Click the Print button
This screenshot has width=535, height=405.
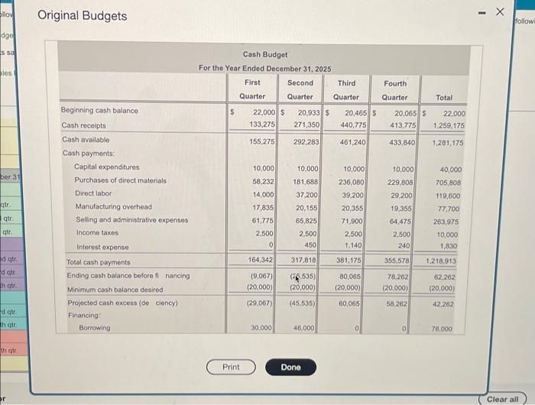(x=231, y=367)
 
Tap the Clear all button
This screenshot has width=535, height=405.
(x=503, y=399)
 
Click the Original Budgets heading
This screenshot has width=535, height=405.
(x=82, y=15)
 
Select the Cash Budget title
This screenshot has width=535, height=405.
(x=265, y=54)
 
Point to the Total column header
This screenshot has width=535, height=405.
(x=444, y=97)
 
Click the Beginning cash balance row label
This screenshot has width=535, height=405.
(x=99, y=111)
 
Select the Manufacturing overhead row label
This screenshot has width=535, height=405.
(x=113, y=207)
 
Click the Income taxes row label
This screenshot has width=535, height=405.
(x=96, y=234)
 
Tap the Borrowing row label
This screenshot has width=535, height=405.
(x=95, y=328)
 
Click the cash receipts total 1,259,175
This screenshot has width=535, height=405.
(x=449, y=125)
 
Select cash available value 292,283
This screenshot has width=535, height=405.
(x=305, y=141)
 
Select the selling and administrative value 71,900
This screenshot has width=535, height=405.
(x=352, y=220)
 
